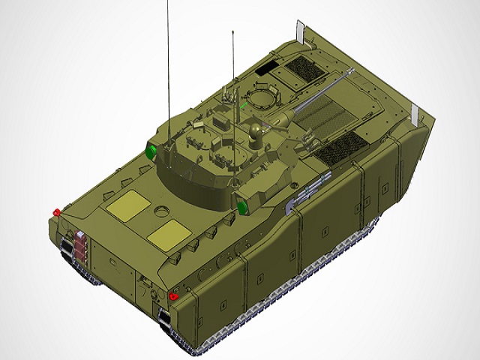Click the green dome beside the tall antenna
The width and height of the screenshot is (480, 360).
pos(151,153)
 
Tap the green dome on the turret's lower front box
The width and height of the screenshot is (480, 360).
pos(243,205)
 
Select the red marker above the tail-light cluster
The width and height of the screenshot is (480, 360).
pos(55,212)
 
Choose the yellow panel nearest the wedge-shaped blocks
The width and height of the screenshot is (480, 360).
pos(169,236)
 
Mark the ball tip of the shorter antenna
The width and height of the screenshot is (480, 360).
pos(234,32)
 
